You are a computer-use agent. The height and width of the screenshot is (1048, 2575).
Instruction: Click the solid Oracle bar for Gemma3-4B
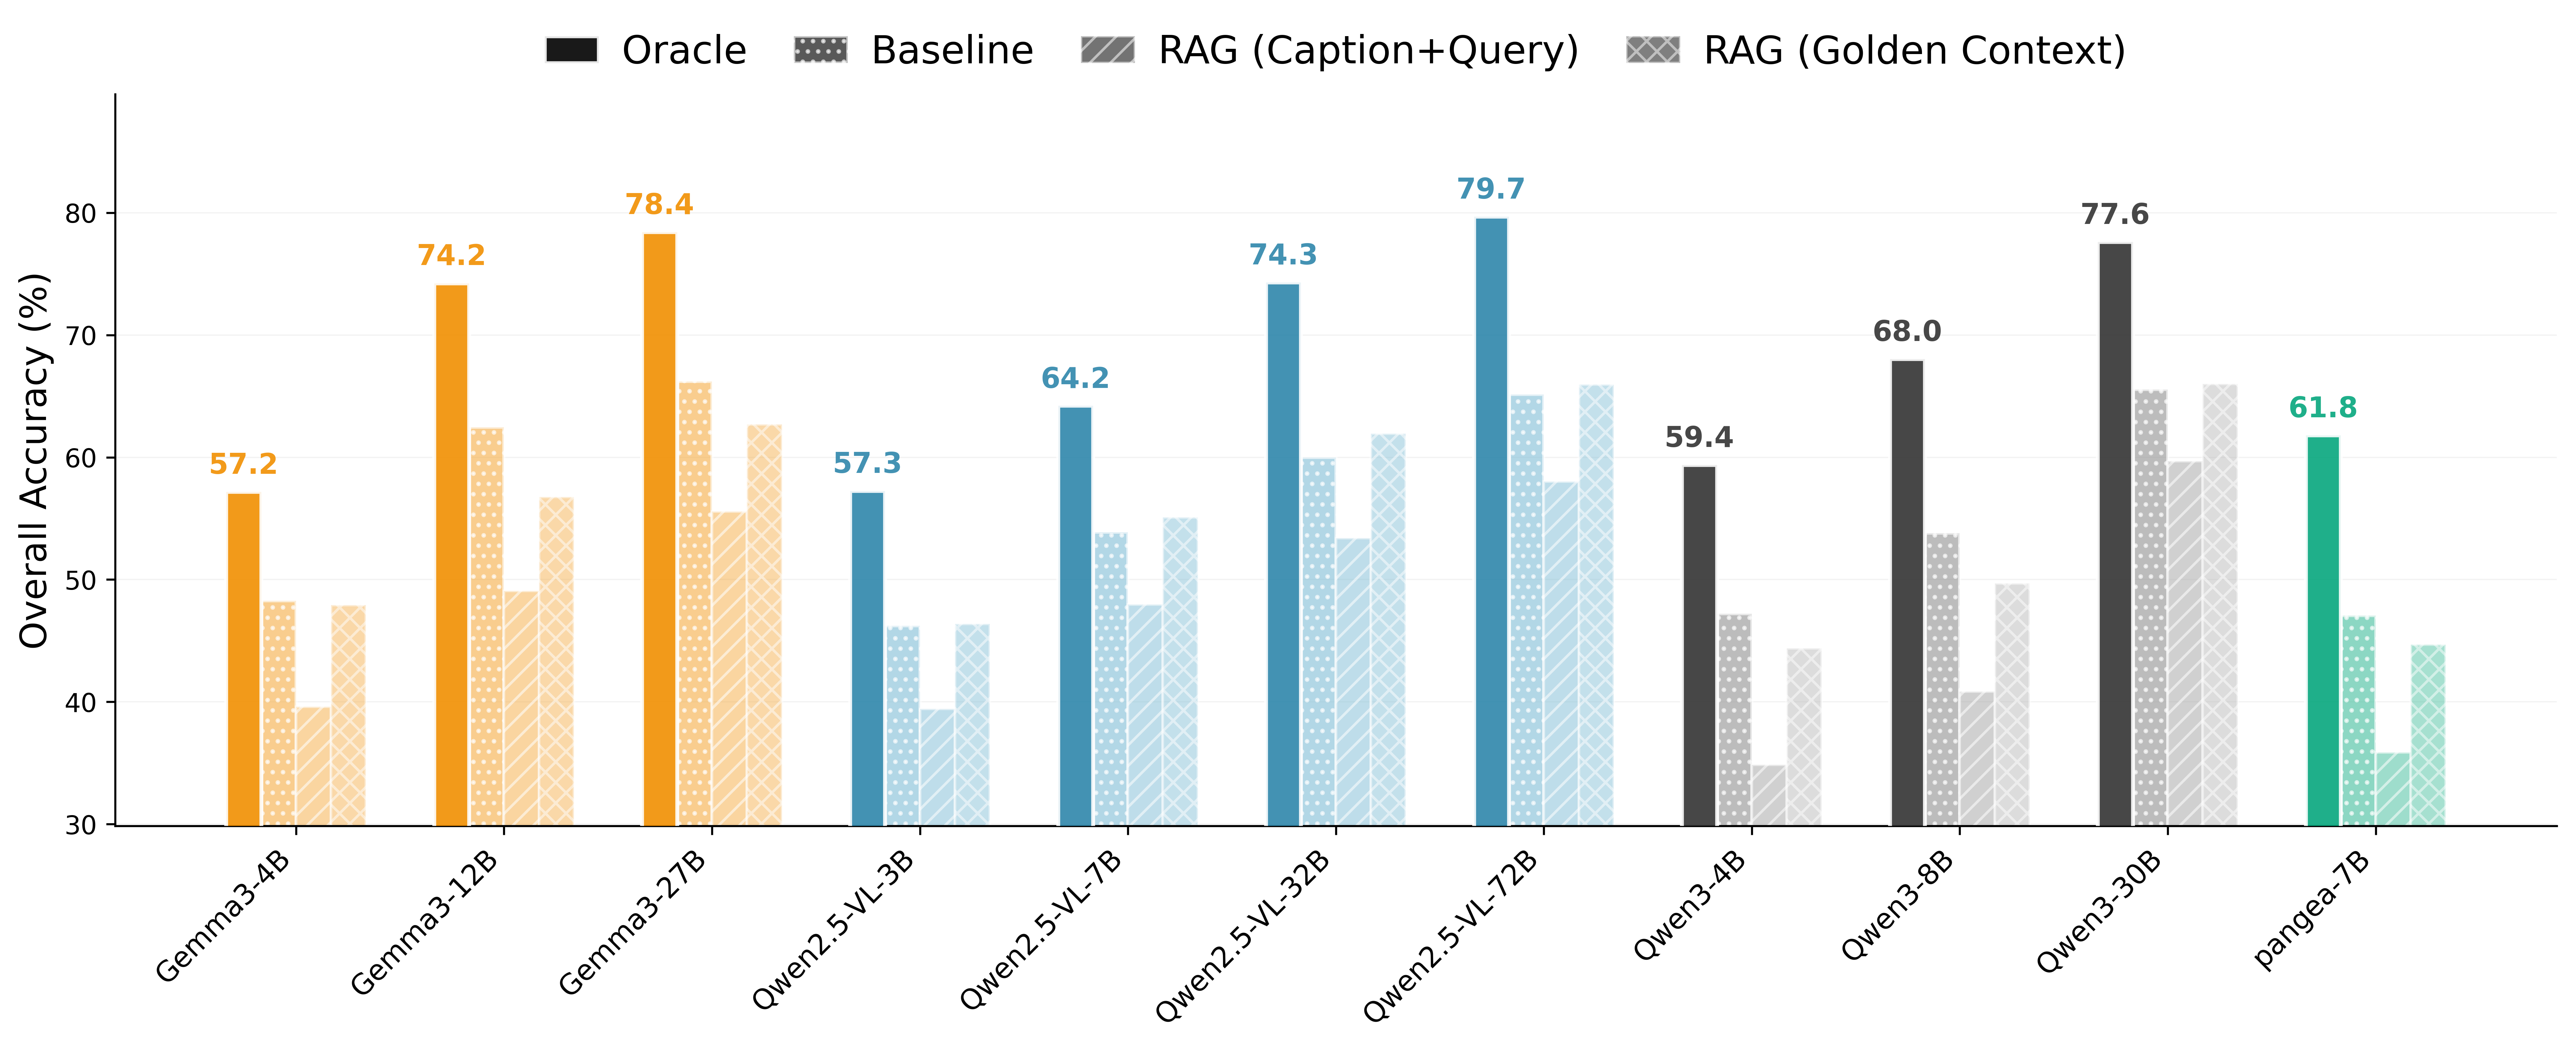(x=244, y=660)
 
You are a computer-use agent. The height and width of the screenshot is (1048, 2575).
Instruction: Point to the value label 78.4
(x=659, y=205)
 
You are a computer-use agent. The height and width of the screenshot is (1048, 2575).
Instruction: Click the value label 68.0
(x=1906, y=332)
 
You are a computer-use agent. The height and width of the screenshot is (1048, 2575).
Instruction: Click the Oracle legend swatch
(x=572, y=50)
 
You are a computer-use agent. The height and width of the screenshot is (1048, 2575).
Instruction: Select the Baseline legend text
(x=952, y=50)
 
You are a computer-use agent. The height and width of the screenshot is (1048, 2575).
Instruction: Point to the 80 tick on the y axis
(x=82, y=214)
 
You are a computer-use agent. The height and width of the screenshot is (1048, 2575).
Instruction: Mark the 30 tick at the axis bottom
(x=82, y=826)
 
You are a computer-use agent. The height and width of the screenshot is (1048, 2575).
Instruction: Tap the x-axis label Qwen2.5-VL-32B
(x=1245, y=935)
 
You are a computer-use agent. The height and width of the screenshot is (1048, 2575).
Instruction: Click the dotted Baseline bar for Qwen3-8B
(x=1942, y=680)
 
